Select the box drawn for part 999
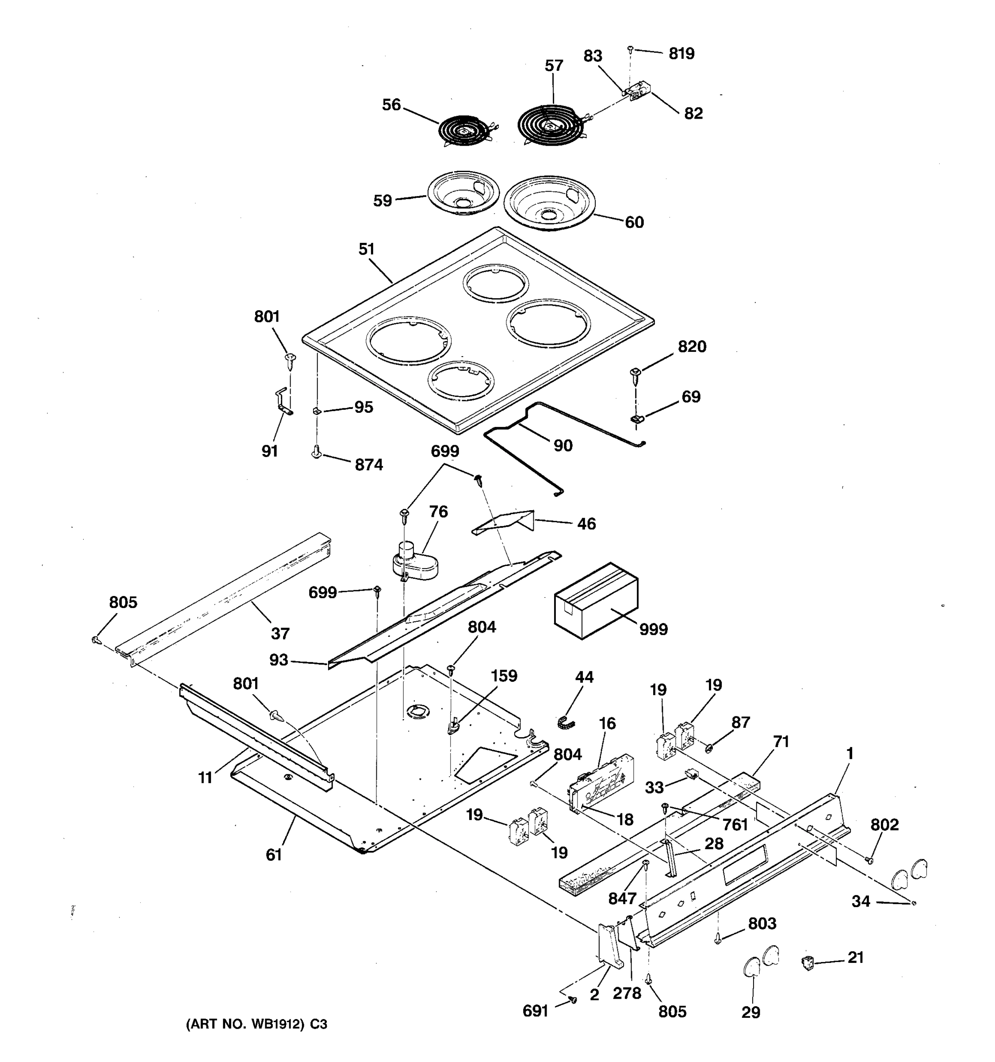(596, 601)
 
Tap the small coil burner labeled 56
(464, 130)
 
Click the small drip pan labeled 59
(463, 193)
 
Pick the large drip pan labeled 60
(549, 203)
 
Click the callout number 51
(366, 250)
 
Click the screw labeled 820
(635, 376)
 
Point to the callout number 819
(681, 54)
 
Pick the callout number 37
(280, 634)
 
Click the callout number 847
(622, 899)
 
